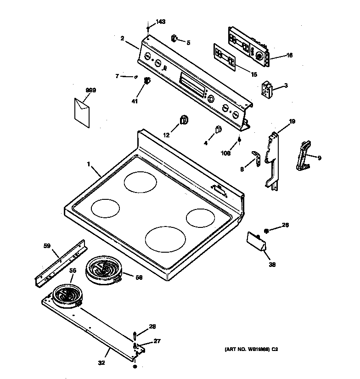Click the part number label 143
click(160, 22)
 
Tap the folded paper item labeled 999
click(82, 112)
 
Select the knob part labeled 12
click(184, 120)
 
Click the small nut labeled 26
click(266, 228)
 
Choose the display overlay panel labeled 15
click(225, 57)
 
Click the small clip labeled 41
click(147, 81)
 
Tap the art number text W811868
click(251, 350)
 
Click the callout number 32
click(101, 363)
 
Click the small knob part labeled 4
click(218, 130)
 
